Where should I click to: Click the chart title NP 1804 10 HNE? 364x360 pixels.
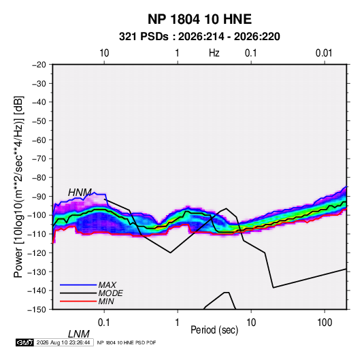(199, 19)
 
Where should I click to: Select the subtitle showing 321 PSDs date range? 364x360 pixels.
(199, 37)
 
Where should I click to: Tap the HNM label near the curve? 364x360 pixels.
(80, 193)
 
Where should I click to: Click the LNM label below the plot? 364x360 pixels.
(79, 334)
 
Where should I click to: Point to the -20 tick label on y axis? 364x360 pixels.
(39, 65)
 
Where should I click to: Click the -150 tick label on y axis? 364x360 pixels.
(37, 310)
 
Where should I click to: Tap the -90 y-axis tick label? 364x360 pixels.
(39, 197)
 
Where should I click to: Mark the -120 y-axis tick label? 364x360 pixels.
(37, 252)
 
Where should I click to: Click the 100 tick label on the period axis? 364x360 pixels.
(325, 323)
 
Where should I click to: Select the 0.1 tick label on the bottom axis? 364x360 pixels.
(103, 323)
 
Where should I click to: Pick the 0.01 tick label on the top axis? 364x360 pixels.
(324, 53)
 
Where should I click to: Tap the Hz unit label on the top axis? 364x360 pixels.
(214, 53)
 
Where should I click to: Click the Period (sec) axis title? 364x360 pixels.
(214, 330)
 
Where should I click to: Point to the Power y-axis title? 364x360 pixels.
(18, 186)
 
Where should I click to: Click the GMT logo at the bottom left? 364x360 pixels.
(25, 342)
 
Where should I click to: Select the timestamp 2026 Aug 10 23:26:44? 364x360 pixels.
(63, 342)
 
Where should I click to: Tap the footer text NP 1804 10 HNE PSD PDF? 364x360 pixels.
(127, 342)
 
